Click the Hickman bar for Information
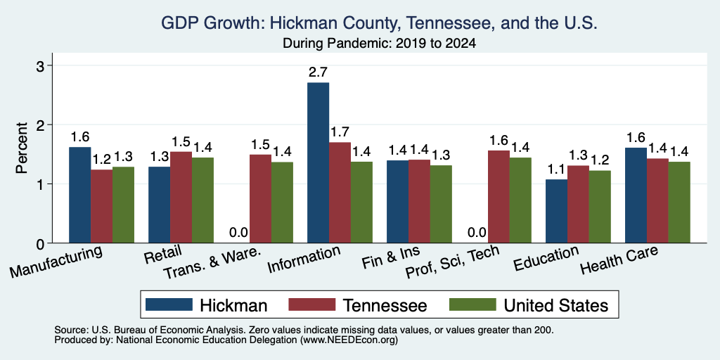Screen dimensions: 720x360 [x=319, y=162]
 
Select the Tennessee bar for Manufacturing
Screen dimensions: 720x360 [x=101, y=206]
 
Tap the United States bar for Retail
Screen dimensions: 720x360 [x=202, y=200]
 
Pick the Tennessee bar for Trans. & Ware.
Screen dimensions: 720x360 [x=260, y=199]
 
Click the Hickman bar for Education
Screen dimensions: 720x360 [x=557, y=211]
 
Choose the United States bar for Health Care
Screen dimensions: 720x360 [x=679, y=202]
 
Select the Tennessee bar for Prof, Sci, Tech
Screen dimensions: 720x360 [x=499, y=197]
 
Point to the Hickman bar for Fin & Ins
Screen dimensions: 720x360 [x=398, y=202]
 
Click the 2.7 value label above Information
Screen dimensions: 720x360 [x=319, y=72]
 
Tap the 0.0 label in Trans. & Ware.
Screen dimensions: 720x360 [x=238, y=233]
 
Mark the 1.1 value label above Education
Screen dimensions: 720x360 [x=557, y=169]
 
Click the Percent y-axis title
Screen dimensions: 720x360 [x=21, y=148]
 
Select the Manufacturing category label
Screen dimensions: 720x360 [x=56, y=262]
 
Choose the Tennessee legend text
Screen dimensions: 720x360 [x=385, y=305]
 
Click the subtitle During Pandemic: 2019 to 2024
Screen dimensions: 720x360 [x=379, y=44]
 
